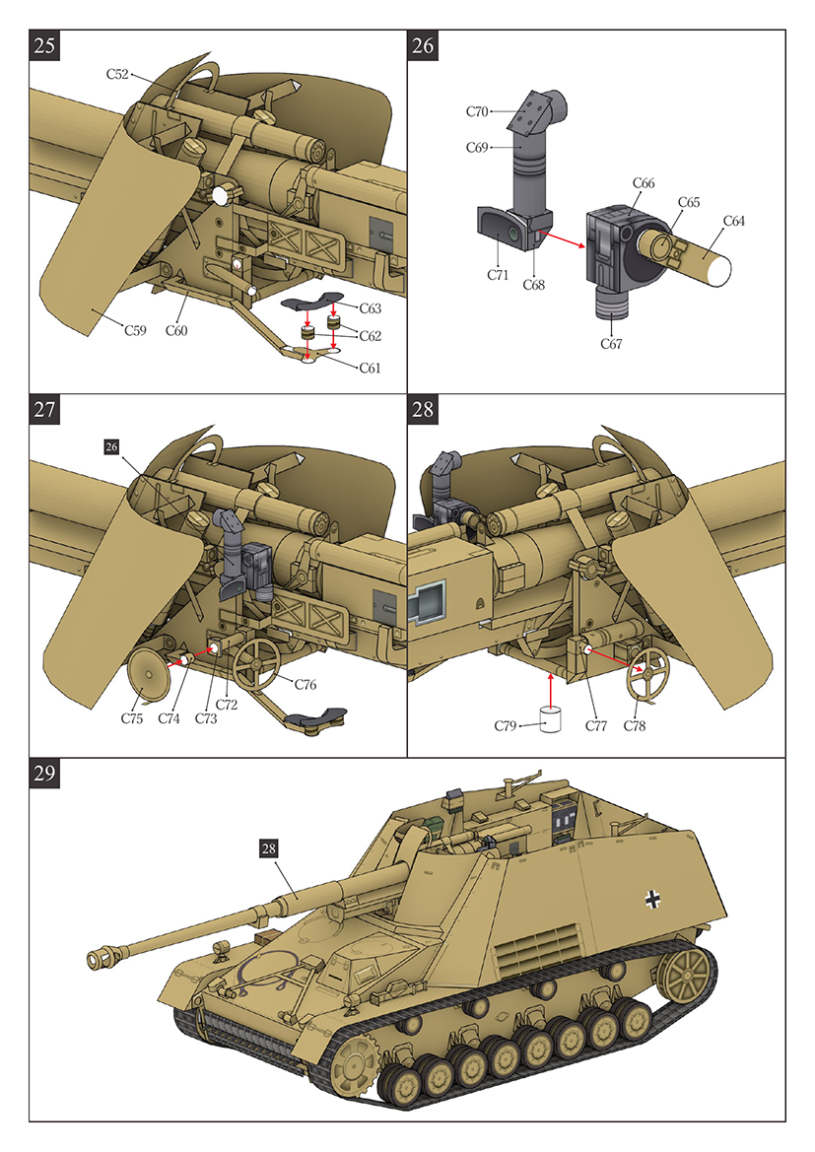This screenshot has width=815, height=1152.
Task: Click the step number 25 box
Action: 45,45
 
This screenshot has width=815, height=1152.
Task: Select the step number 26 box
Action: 424,45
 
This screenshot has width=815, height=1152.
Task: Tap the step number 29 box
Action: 45,774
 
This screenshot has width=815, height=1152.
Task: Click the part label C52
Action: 119,74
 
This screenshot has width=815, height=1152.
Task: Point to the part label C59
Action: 136,330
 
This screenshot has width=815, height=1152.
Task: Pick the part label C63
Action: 370,308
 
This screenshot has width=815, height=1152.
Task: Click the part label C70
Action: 478,112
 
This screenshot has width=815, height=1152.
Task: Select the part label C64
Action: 734,221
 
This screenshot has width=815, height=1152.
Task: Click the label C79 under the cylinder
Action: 507,726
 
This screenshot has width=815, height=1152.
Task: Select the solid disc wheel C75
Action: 149,675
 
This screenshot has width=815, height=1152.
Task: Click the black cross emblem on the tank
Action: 652,898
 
